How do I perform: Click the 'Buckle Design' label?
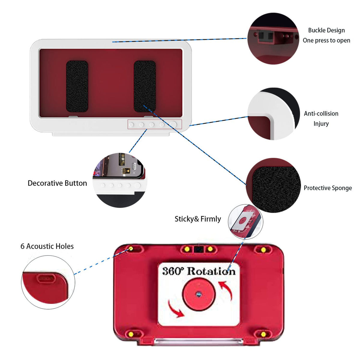(x=326, y=30)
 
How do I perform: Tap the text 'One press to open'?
(x=326, y=40)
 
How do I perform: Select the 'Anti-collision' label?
(x=321, y=114)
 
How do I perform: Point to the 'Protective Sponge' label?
(x=328, y=188)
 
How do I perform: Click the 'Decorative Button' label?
(x=57, y=183)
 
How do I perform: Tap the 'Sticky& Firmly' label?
(x=198, y=219)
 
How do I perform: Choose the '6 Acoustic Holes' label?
(x=47, y=246)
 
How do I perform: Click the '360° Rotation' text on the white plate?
(x=199, y=271)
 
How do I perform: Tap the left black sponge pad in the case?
(x=77, y=86)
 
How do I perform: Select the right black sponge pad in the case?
(x=145, y=86)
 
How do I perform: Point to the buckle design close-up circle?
(x=273, y=38)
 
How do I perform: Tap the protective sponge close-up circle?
(x=273, y=185)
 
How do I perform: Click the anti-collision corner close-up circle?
(x=273, y=114)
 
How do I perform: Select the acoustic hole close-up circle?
(x=48, y=282)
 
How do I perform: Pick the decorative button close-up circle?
(x=120, y=180)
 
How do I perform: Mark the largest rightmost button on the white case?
(x=173, y=124)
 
